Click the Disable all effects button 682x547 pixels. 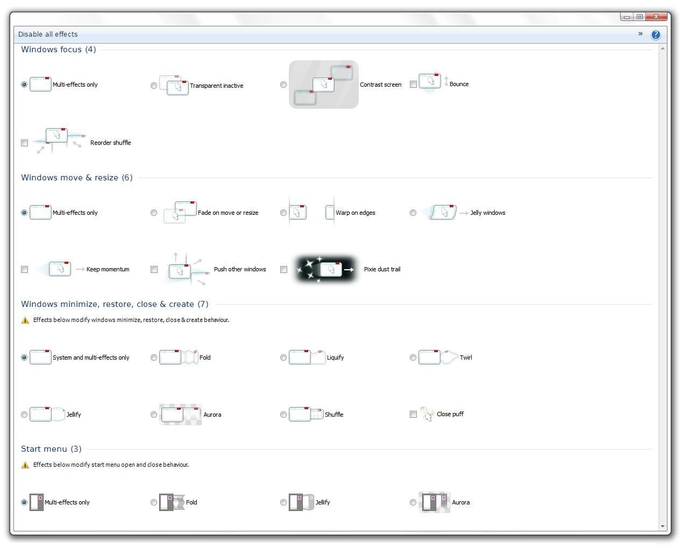tap(48, 34)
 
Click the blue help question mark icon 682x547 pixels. tap(656, 34)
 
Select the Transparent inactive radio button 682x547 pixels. tap(154, 86)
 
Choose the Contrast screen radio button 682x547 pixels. tap(283, 85)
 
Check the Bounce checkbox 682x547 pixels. tap(413, 84)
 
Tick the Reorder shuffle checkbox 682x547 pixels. tap(24, 143)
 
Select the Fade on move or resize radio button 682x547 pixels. tap(154, 213)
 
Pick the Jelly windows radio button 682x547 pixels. tap(413, 213)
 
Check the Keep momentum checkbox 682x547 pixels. tap(24, 269)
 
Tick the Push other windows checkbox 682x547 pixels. tap(154, 269)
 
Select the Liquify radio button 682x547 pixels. tap(283, 357)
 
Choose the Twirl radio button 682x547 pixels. tap(413, 357)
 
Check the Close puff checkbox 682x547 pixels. tap(413, 414)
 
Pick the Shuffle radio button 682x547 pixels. tap(283, 415)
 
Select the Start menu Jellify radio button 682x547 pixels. tap(283, 502)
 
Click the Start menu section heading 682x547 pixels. tap(51, 449)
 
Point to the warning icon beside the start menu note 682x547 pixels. tap(25, 465)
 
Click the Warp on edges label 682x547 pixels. tap(355, 213)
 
